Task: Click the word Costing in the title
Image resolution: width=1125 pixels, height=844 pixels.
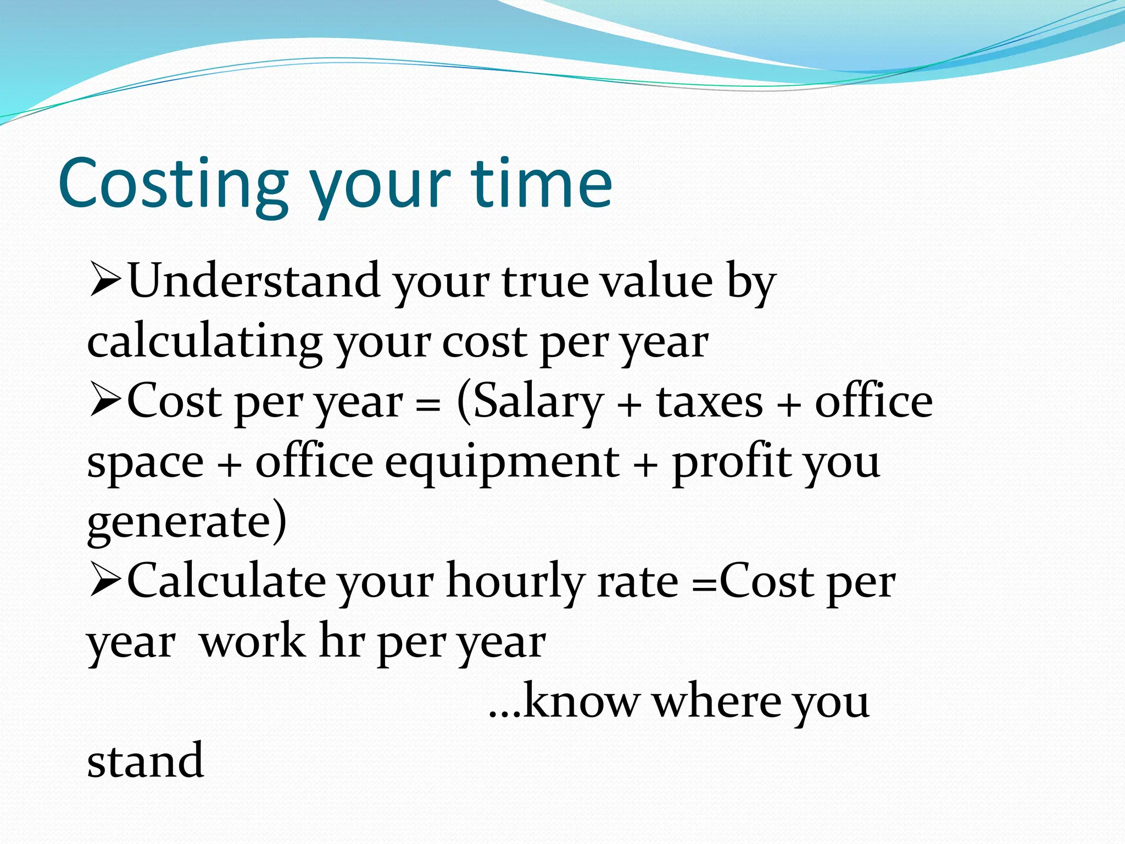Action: [x=173, y=184]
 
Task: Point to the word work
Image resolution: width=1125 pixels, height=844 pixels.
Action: [x=253, y=642]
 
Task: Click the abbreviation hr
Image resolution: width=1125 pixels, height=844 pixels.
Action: [x=342, y=642]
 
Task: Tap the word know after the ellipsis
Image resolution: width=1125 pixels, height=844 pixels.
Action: [x=581, y=702]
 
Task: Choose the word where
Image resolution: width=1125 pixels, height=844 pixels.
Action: [x=717, y=702]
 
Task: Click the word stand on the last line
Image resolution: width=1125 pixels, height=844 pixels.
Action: [x=146, y=762]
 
